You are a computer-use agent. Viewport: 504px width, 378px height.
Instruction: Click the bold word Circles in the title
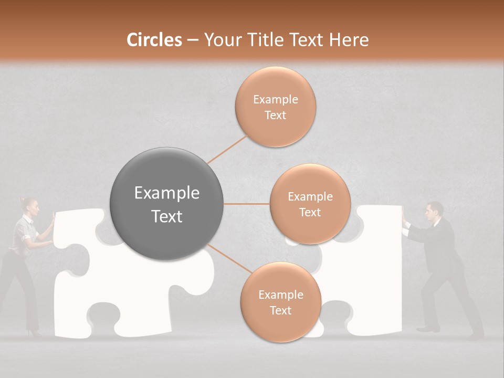(x=154, y=40)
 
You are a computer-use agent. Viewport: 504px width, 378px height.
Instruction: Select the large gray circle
(x=167, y=204)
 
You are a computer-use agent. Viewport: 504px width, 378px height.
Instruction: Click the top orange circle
(x=275, y=107)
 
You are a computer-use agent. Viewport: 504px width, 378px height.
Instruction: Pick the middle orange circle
(x=310, y=204)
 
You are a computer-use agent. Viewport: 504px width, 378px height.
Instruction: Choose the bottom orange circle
(x=280, y=302)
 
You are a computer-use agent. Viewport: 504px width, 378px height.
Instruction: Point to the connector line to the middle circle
(x=247, y=204)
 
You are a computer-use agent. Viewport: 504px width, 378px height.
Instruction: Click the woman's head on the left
(x=30, y=207)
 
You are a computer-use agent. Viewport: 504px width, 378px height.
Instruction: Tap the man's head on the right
(x=434, y=211)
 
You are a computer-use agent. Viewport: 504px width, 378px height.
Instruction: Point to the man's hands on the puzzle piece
(x=403, y=216)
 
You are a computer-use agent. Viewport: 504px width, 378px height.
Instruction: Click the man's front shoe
(x=428, y=329)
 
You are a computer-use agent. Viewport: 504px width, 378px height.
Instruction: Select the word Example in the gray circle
(x=167, y=193)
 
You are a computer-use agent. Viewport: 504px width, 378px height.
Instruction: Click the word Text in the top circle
(x=275, y=115)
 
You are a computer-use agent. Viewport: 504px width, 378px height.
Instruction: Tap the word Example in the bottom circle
(x=280, y=295)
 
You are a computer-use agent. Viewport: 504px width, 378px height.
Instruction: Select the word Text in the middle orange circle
(x=310, y=212)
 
